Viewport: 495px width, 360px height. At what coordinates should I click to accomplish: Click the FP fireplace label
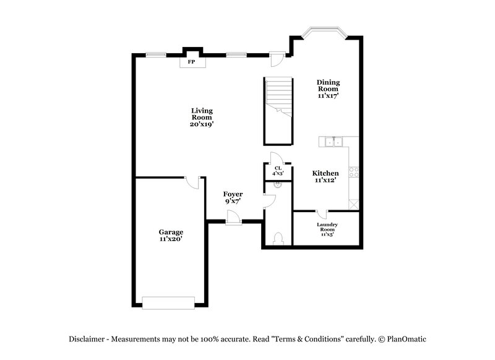tap(192, 62)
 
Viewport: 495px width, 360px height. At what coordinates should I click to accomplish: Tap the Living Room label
tap(202, 117)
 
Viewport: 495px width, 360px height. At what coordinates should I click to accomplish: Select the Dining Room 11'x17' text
tap(328, 88)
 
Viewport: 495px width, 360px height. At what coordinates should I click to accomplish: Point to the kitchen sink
tap(334, 142)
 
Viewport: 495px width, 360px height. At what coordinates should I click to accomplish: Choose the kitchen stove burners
tap(354, 172)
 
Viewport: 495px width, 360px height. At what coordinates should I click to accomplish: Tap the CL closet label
tap(278, 170)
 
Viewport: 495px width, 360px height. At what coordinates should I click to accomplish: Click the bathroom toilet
tap(278, 239)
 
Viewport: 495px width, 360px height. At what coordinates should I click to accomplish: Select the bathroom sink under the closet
tap(278, 184)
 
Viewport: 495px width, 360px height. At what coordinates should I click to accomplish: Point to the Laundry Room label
tap(327, 229)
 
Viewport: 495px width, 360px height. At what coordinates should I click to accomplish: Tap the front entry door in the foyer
tap(233, 218)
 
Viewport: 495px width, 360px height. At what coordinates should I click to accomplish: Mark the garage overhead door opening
tap(168, 302)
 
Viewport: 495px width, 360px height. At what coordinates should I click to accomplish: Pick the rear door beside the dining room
tap(277, 58)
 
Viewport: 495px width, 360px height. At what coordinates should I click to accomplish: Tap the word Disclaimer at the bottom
tap(88, 338)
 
